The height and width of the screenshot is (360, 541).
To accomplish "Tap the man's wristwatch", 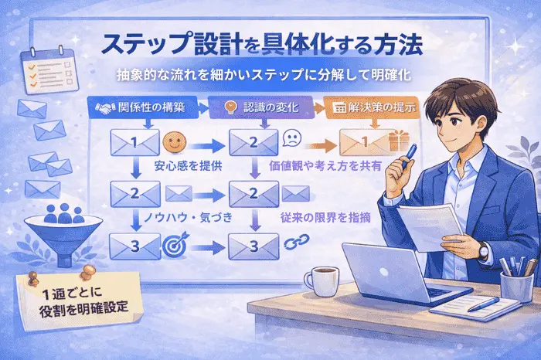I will point(482,250).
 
